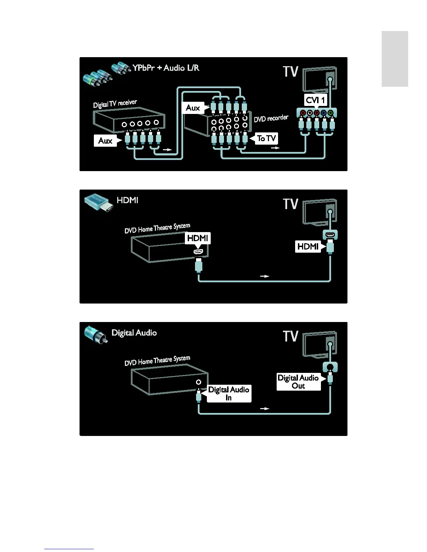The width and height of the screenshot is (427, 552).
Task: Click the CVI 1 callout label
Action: point(315,100)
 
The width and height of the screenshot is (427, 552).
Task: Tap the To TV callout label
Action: point(267,138)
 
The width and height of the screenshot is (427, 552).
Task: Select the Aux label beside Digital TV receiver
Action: point(105,140)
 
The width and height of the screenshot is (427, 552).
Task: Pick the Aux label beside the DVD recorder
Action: point(193,108)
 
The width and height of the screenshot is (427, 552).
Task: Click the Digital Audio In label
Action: point(229,393)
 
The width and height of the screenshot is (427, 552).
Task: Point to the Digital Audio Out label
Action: point(298,382)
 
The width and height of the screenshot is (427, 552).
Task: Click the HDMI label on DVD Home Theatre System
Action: point(197,238)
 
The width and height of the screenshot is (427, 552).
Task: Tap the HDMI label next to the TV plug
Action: point(308,246)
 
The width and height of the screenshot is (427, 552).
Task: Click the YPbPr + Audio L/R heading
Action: point(166,68)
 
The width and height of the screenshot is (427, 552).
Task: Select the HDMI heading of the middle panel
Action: point(127,200)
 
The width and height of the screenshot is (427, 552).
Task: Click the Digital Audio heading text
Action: point(134,332)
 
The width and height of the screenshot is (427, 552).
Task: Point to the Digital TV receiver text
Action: point(115,103)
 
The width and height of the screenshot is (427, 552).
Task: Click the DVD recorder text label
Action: point(271,118)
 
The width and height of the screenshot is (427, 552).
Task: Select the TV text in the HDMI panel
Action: point(291,204)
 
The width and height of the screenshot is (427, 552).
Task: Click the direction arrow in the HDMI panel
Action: point(265,276)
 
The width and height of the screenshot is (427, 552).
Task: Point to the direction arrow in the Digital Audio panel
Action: point(265,408)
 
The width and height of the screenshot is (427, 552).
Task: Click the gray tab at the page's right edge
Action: point(395,59)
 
